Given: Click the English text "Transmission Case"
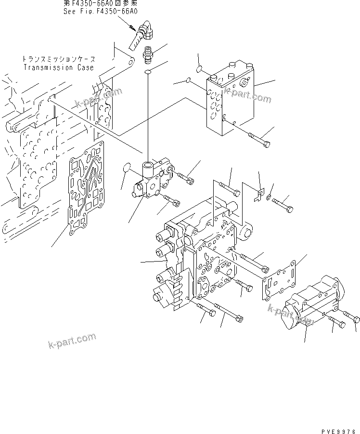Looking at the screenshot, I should (x=59, y=68).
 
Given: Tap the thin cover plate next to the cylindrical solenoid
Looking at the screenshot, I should (x=282, y=279).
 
